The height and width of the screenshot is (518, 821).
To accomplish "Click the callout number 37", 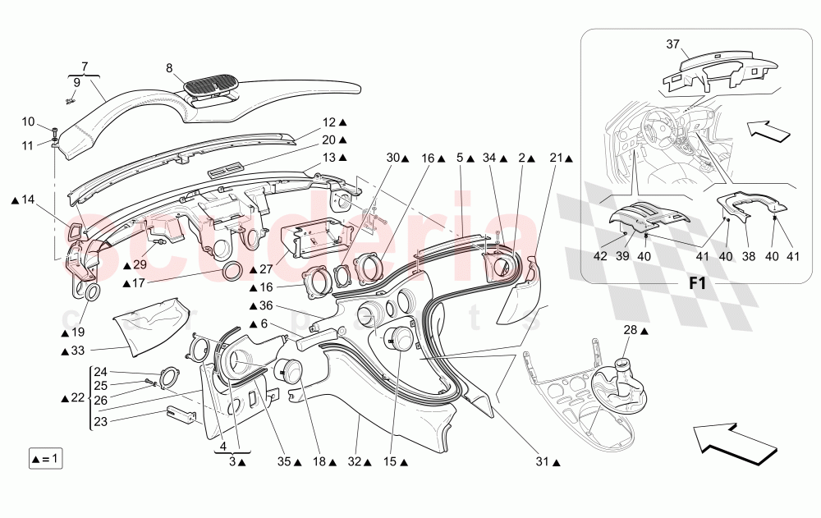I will pyautogui.click(x=673, y=44).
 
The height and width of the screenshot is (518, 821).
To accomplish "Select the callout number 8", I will pyautogui.click(x=170, y=69).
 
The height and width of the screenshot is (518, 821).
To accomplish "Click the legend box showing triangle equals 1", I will pyautogui.click(x=44, y=458).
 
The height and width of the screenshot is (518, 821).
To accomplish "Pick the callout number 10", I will pyautogui.click(x=28, y=122).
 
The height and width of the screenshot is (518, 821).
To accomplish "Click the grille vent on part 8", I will pyautogui.click(x=212, y=84).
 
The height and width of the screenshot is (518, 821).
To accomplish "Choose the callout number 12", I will pyautogui.click(x=329, y=122).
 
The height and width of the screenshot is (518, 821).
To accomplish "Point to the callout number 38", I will pyautogui.click(x=748, y=256).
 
